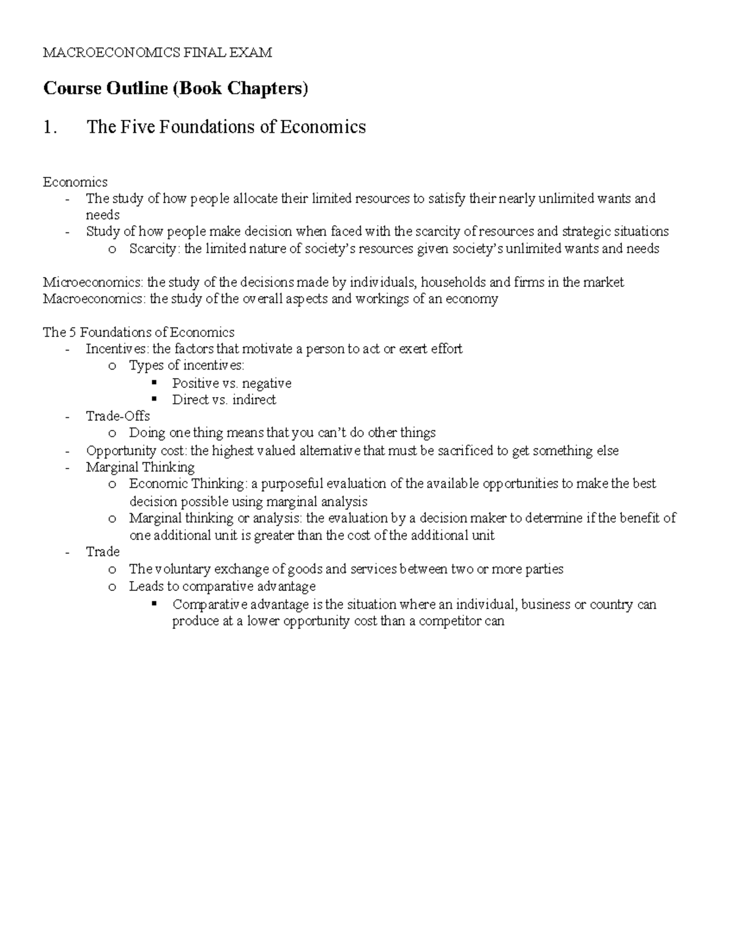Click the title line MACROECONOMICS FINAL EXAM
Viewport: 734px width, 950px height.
pos(157,53)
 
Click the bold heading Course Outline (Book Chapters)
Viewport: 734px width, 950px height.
pos(176,89)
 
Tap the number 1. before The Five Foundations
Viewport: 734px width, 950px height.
pos(51,127)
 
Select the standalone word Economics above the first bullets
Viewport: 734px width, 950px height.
pos(75,182)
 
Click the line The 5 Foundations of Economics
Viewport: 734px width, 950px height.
pos(138,332)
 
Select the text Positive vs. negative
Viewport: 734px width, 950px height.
pos(231,383)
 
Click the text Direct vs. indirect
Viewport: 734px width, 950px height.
pos(224,399)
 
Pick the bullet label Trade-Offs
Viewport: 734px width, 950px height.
pos(117,416)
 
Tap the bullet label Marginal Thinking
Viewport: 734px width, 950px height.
pos(140,467)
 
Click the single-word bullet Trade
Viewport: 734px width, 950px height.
pos(103,552)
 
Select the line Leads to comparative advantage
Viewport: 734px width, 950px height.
pos(222,586)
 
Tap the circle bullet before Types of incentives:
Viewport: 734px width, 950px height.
pos(111,366)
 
